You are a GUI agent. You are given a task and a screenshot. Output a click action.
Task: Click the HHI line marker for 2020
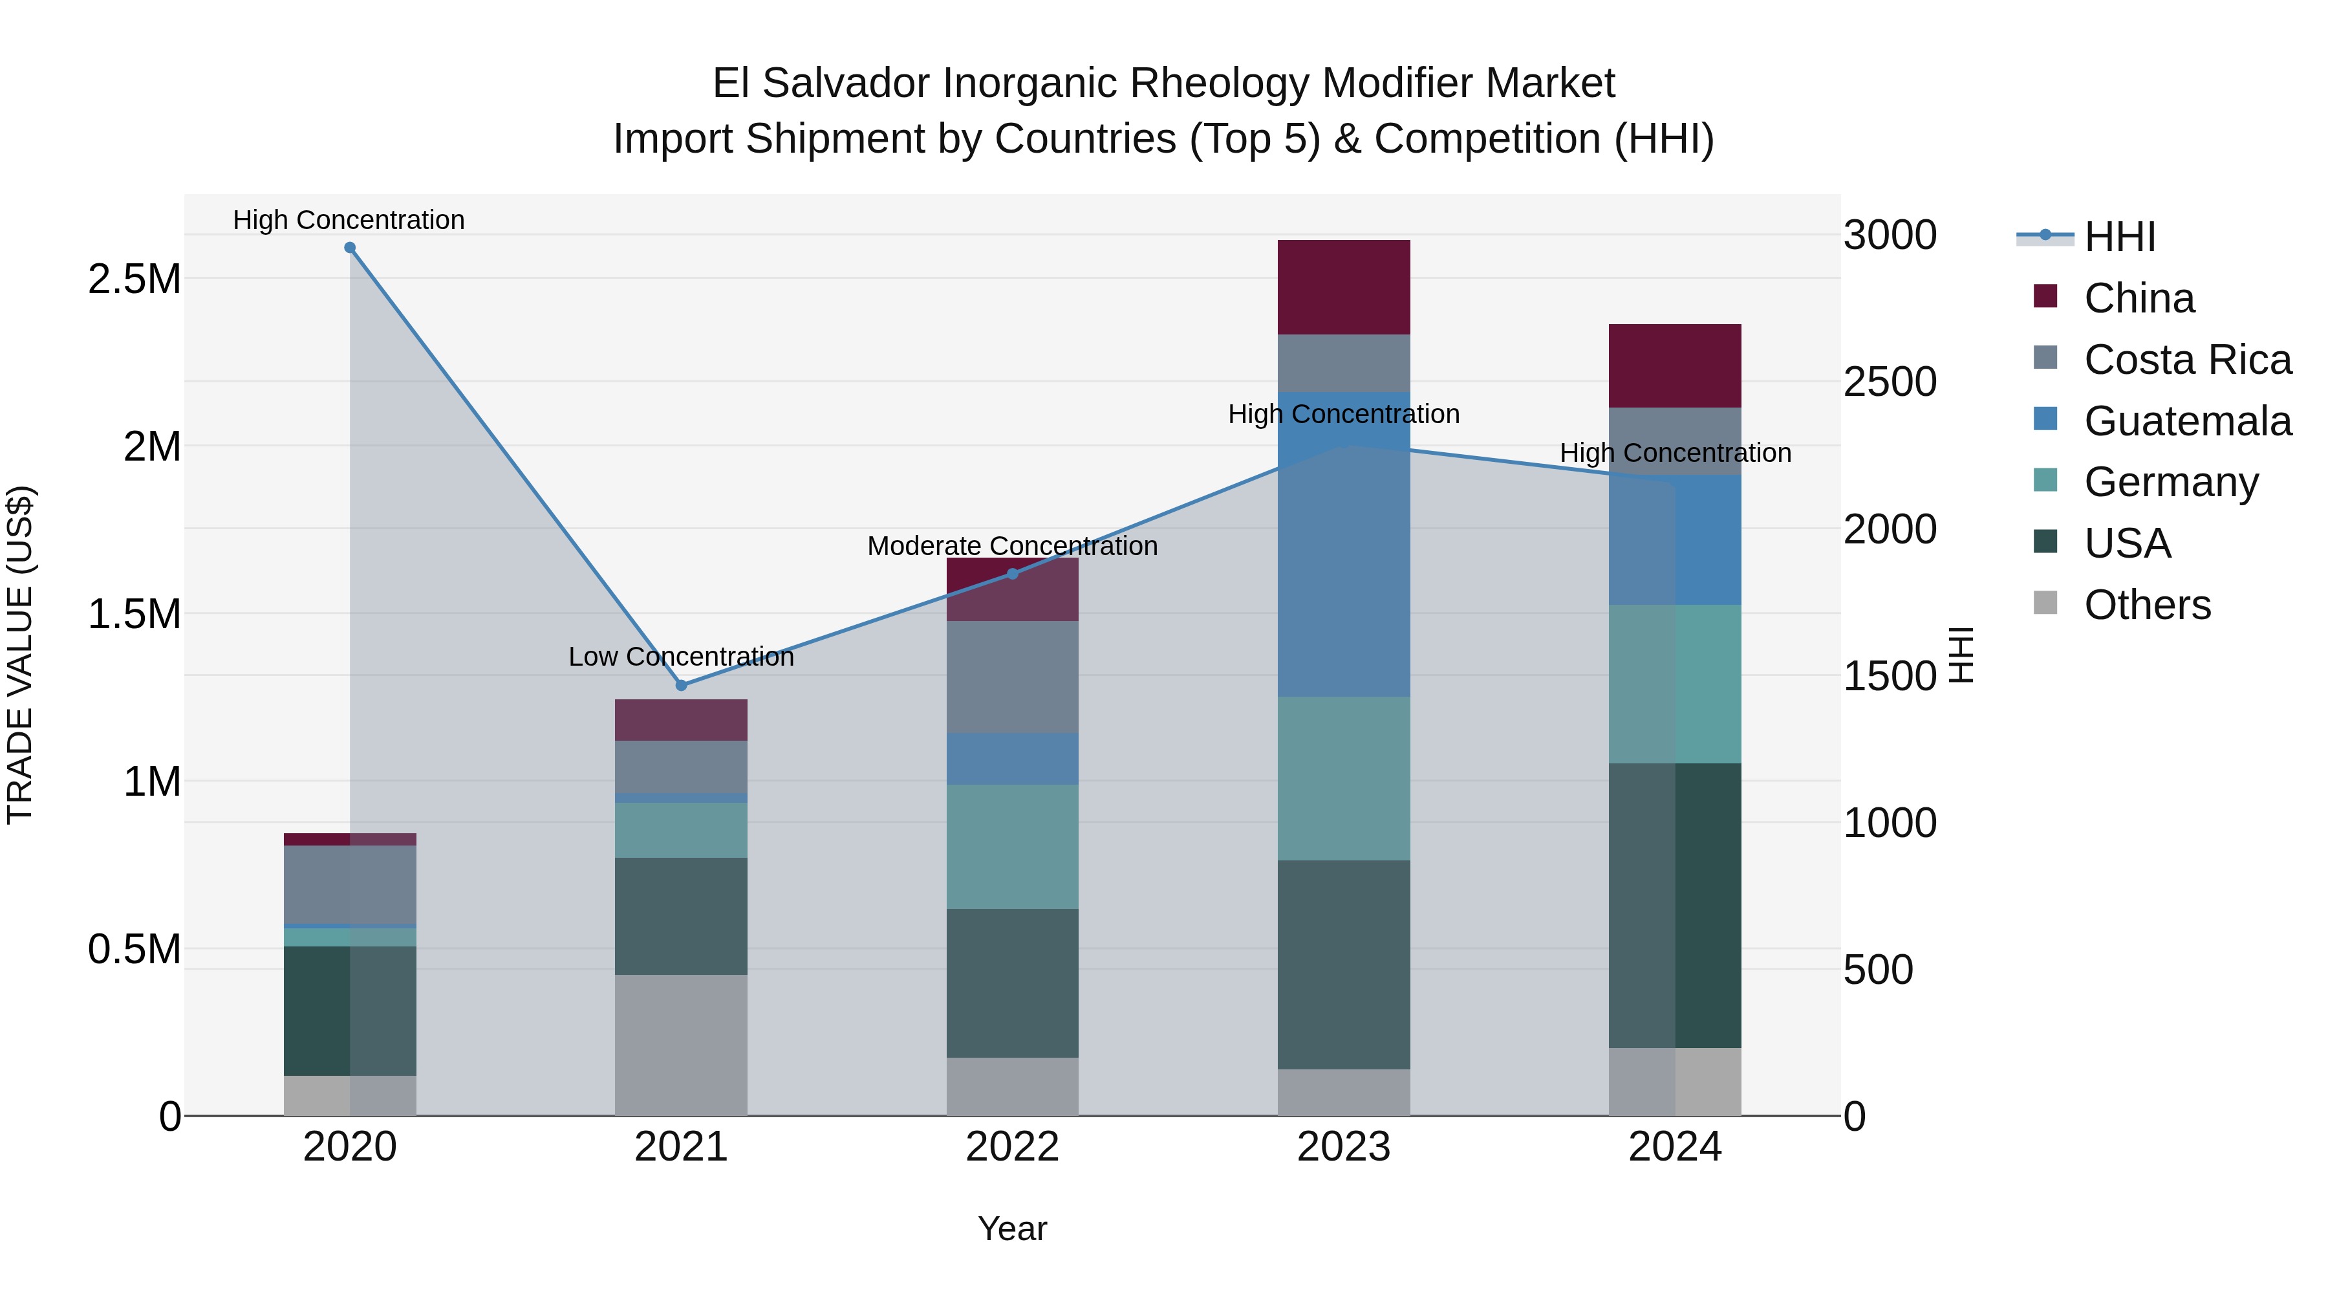[350, 248]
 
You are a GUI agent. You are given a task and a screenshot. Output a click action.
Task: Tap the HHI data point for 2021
[682, 685]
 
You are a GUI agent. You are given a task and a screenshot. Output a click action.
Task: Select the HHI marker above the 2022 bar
[1012, 574]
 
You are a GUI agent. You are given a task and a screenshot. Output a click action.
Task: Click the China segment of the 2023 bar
[1344, 287]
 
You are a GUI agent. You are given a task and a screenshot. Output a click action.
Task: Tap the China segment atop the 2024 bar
[1675, 366]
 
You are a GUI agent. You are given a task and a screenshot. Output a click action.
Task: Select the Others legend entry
[2147, 605]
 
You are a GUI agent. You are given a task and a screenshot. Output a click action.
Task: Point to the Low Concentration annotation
[682, 657]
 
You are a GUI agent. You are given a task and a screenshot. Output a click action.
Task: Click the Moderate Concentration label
[1012, 546]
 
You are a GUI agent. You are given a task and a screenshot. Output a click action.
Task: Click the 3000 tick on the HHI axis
[1890, 235]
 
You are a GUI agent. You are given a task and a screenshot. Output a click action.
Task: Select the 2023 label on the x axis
[1344, 1147]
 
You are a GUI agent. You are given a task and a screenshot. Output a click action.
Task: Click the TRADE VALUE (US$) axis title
[20, 655]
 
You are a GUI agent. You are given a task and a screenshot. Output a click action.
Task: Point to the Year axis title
[1012, 1228]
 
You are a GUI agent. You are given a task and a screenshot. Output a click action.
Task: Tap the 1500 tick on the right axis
[1890, 676]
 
